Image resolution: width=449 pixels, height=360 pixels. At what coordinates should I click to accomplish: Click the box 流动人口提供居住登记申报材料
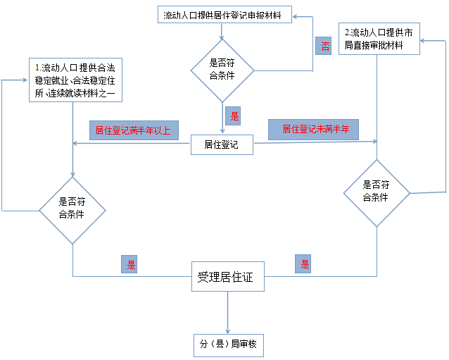pyautogui.click(x=224, y=15)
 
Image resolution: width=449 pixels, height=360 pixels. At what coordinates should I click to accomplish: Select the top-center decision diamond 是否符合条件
pyautogui.click(x=222, y=70)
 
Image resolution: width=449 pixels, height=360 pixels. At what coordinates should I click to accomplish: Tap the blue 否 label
pyautogui.click(x=324, y=46)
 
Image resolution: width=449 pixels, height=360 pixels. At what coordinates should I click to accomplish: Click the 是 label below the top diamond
pyautogui.click(x=234, y=116)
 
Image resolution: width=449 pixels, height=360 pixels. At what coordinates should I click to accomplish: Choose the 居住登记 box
pyautogui.click(x=222, y=145)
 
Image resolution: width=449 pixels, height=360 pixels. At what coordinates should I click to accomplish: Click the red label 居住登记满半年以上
pyautogui.click(x=133, y=130)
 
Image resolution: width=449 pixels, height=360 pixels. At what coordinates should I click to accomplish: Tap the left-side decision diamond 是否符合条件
pyautogui.click(x=72, y=209)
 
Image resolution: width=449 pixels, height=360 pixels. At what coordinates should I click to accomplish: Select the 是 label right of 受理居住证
pyautogui.click(x=305, y=265)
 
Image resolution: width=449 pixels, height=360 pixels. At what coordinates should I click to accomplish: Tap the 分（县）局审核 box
pyautogui.click(x=228, y=345)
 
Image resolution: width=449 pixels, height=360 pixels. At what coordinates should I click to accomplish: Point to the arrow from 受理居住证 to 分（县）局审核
pyautogui.click(x=228, y=312)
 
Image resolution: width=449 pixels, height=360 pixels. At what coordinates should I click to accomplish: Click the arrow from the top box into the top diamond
pyautogui.click(x=222, y=32)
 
